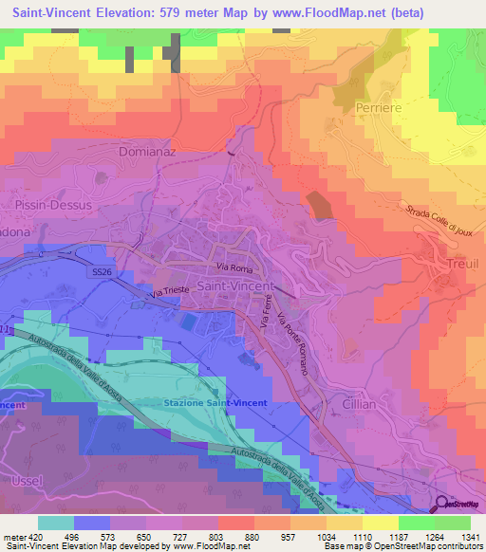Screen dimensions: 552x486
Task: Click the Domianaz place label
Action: (x=146, y=151)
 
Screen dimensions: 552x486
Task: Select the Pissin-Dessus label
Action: (x=53, y=204)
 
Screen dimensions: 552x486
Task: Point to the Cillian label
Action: (x=353, y=404)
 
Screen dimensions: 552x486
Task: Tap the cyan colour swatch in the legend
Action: (x=56, y=522)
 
